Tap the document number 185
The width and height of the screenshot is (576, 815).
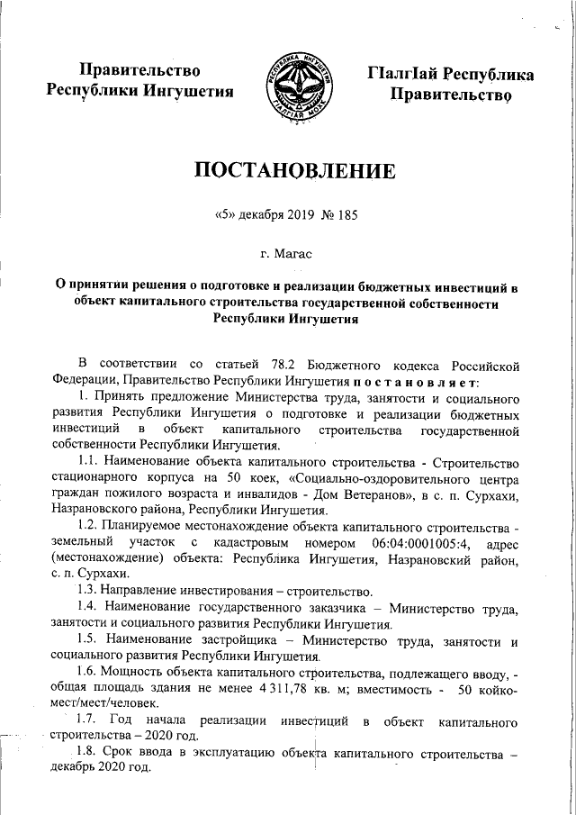[335, 216]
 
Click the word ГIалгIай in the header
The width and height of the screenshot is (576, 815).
[417, 73]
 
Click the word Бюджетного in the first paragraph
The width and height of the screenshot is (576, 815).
[348, 363]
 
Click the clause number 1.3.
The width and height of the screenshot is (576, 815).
[89, 592]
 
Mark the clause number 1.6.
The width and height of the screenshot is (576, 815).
[89, 671]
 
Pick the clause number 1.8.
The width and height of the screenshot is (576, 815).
[89, 753]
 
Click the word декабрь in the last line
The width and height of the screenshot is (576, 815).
[77, 770]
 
